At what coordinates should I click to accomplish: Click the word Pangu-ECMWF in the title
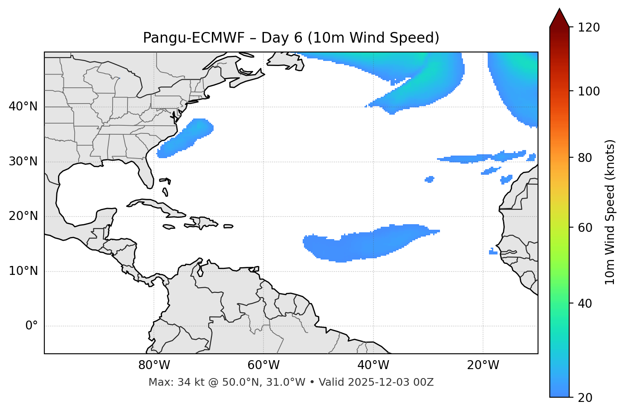pos(194,38)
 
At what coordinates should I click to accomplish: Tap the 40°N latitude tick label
pos(23,107)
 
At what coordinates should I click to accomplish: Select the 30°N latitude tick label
pos(23,162)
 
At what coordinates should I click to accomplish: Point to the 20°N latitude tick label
pos(23,216)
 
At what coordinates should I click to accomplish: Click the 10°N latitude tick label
pos(23,271)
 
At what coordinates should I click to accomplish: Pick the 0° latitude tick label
pos(32,326)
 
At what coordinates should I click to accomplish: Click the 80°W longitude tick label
pos(154,365)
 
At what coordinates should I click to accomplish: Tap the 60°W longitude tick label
pos(263,365)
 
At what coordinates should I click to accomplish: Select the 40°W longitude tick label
pos(373,365)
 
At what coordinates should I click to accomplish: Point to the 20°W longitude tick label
pos(483,365)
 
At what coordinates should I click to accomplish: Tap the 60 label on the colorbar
pos(587,228)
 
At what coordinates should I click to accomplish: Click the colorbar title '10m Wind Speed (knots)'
pos(611,212)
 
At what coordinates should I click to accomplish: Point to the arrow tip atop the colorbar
pos(559,9)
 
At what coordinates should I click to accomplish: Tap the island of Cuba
pos(153,205)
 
